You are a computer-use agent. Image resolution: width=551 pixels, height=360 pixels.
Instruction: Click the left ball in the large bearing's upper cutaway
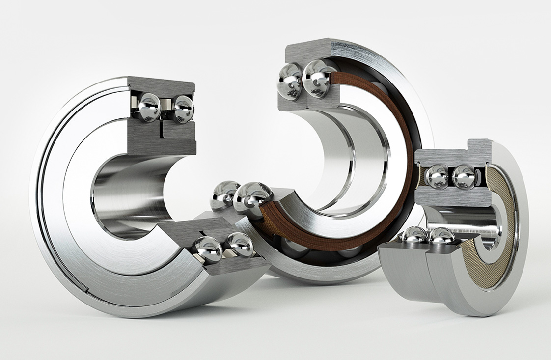coord(149,108)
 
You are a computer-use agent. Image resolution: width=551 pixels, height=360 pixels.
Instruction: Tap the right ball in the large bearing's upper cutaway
coord(183,109)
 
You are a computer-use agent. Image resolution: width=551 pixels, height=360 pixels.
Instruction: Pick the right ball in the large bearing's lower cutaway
coord(240,244)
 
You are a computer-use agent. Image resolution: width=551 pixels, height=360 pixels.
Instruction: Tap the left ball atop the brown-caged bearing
coord(290,81)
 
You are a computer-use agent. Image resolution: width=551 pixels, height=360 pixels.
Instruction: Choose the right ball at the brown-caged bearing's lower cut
coord(252,195)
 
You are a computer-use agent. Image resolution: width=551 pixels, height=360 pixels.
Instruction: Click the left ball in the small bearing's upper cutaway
coord(436,177)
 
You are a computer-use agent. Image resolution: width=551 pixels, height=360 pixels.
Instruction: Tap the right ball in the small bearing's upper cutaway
coord(463,177)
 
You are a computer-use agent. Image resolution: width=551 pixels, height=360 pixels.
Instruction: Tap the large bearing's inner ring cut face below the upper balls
coord(162,138)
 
